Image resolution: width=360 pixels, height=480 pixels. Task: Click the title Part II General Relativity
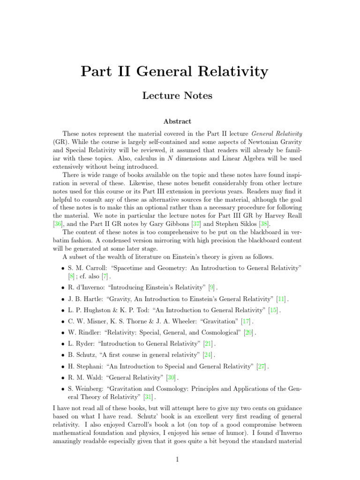point(174,71)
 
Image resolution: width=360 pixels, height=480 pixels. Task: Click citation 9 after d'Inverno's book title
point(211,287)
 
